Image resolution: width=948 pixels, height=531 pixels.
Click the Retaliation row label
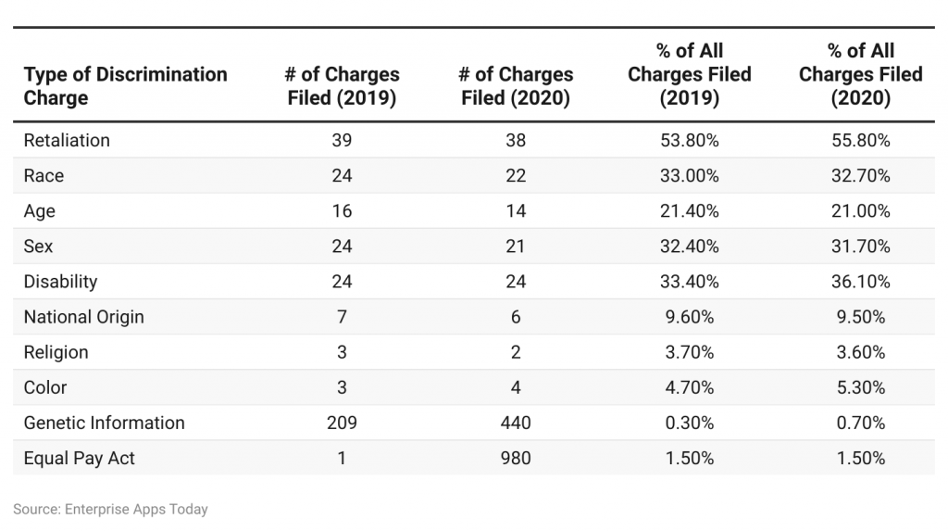(x=67, y=141)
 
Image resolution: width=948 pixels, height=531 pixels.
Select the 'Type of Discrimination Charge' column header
(x=125, y=86)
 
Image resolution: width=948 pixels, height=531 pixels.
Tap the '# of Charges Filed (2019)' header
(x=342, y=86)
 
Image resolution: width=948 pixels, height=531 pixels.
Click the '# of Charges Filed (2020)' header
(x=516, y=86)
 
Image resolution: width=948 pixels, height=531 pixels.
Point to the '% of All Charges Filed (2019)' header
(x=690, y=75)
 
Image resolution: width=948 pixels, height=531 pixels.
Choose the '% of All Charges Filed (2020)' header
(x=860, y=75)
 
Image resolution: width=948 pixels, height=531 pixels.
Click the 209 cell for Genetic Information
(x=342, y=423)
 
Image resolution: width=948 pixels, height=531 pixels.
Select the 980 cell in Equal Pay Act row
(x=516, y=458)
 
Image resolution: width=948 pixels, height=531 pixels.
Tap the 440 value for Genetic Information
(x=516, y=423)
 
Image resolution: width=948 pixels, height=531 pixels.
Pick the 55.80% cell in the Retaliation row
(x=860, y=141)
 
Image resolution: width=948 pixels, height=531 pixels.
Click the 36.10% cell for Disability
(x=860, y=282)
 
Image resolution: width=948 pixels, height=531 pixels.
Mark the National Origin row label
(x=84, y=317)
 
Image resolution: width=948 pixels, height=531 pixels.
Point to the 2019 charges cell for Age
(x=342, y=211)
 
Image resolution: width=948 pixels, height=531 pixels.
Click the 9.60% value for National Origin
(x=690, y=317)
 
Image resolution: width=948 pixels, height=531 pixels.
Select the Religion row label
(x=56, y=352)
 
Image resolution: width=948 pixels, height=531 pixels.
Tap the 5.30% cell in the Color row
(x=860, y=387)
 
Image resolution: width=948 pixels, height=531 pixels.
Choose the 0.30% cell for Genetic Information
(x=690, y=423)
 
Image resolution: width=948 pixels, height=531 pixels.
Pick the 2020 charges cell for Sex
(x=516, y=247)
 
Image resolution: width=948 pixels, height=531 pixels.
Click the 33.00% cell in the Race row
(x=690, y=176)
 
